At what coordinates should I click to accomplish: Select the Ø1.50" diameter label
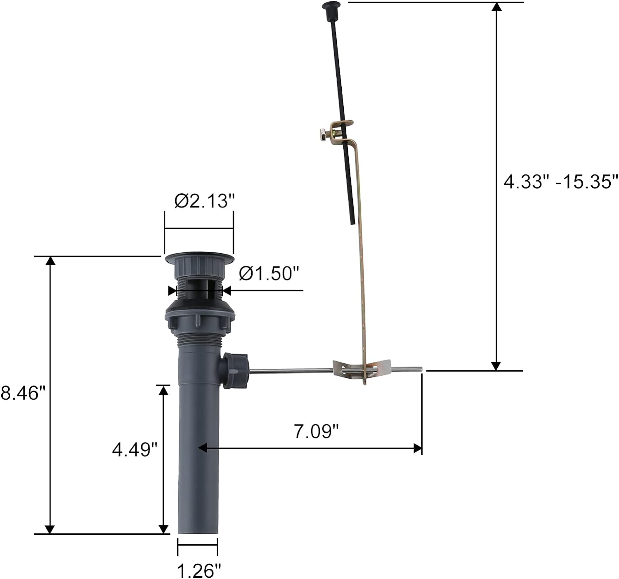pos(268,273)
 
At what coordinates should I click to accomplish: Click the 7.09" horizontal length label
pos(316,432)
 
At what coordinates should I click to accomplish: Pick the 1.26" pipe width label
pos(199,571)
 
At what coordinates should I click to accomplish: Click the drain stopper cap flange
pos(199,259)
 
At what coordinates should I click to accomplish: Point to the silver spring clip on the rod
pos(361,369)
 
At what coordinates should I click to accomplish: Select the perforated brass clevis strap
pos(361,256)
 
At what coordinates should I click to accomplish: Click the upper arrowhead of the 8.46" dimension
pos(50,261)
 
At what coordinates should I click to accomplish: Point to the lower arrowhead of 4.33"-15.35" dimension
pos(496,366)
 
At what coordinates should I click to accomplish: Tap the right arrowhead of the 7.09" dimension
pos(418,448)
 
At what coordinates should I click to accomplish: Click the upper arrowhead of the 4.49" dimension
pos(164,390)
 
